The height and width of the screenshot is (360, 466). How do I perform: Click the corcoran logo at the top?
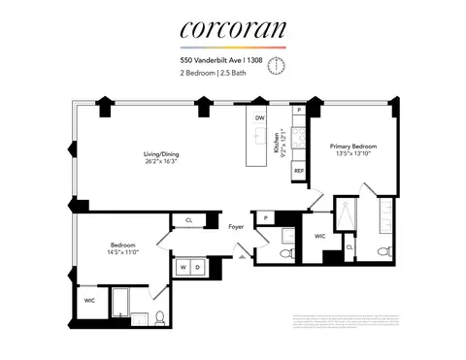click(x=233, y=32)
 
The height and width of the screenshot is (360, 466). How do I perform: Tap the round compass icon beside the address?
click(x=277, y=64)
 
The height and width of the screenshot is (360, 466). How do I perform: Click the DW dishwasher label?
click(x=259, y=118)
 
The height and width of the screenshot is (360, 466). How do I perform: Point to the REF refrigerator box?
click(x=300, y=170)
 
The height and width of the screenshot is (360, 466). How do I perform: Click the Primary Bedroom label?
click(x=352, y=145)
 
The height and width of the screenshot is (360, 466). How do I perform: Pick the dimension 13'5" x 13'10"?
click(x=352, y=153)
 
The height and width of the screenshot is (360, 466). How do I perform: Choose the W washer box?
click(x=183, y=266)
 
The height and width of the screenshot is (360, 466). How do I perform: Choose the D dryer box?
click(x=199, y=266)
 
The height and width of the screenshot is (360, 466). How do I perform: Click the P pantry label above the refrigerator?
click(x=300, y=112)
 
